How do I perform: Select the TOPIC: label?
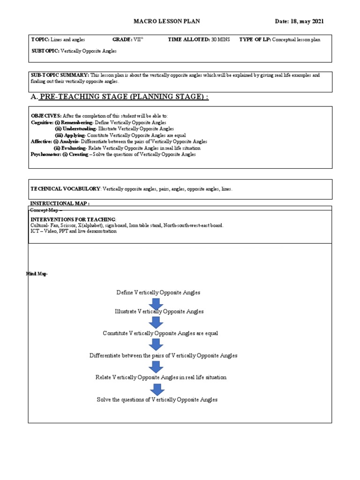[40, 40]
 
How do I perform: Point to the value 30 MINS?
[220, 40]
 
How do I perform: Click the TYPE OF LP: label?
[255, 40]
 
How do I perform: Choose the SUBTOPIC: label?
[45, 51]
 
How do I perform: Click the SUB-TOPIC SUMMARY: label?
[60, 75]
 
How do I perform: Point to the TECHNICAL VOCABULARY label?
[66, 189]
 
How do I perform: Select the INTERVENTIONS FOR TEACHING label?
[73, 219]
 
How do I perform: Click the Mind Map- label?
[37, 274]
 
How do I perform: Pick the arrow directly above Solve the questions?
[156, 389]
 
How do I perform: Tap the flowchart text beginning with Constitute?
[160, 333]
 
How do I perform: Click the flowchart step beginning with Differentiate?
[163, 355]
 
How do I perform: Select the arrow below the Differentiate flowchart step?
[156, 367]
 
